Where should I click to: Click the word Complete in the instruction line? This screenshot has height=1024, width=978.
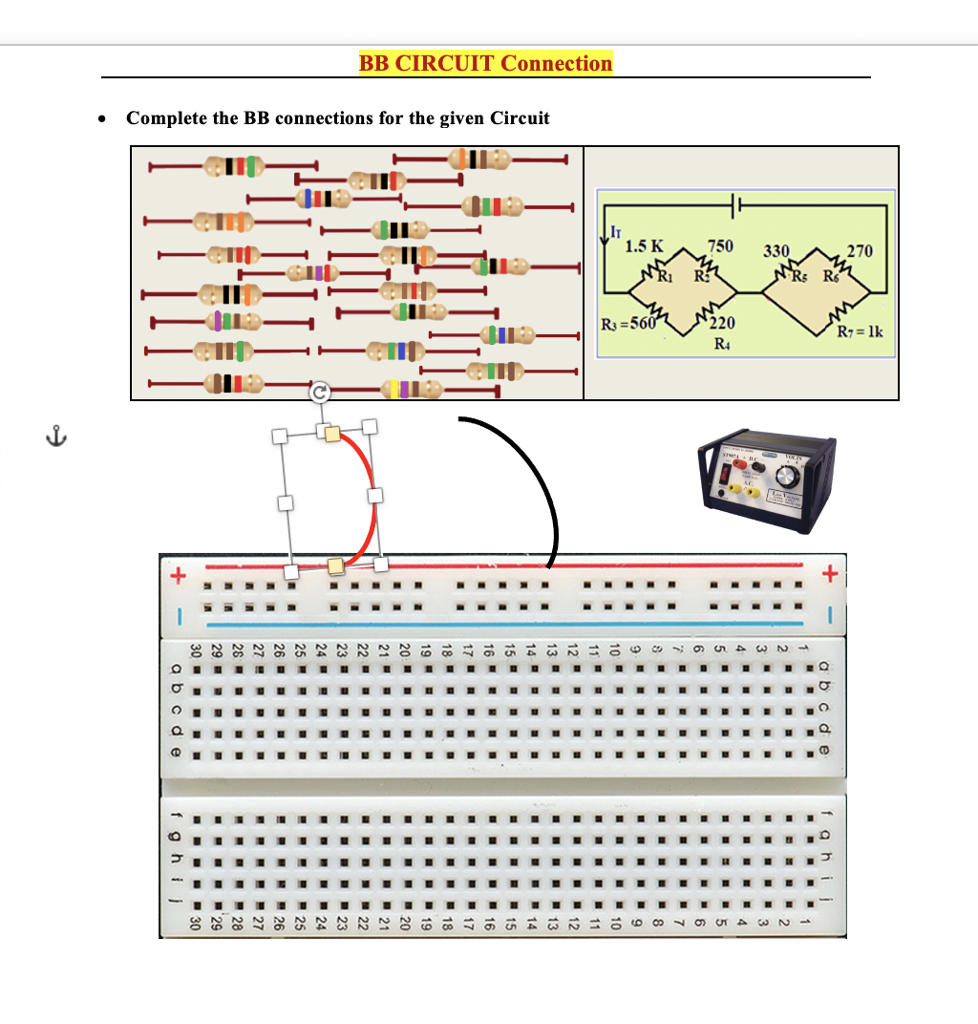point(168,118)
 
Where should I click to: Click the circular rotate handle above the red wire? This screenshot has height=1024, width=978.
point(320,392)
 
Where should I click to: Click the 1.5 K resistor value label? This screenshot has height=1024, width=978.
point(644,245)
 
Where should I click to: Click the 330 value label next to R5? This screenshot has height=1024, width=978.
point(776,250)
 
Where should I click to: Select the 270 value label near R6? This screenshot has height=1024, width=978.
point(860,250)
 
